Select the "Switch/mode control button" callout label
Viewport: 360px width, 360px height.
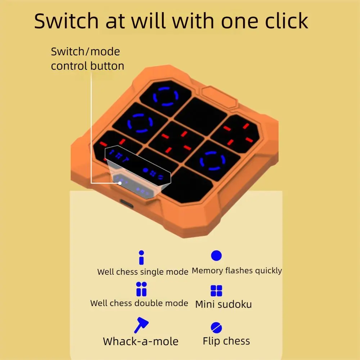pyautogui.click(x=87, y=59)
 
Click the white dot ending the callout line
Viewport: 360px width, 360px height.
pyautogui.click(x=120, y=183)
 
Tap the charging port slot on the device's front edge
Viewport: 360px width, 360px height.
pyautogui.click(x=126, y=203)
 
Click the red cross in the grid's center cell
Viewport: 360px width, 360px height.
pyautogui.click(x=176, y=141)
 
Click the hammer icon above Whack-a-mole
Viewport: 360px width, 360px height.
pyautogui.click(x=141, y=325)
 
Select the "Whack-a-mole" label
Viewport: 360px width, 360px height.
pyautogui.click(x=140, y=341)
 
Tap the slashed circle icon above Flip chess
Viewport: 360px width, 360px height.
pyautogui.click(x=216, y=327)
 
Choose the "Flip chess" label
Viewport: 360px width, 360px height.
pyautogui.click(x=226, y=341)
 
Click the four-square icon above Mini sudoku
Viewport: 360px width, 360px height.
pyautogui.click(x=216, y=291)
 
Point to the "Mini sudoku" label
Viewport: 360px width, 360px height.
pyautogui.click(x=224, y=304)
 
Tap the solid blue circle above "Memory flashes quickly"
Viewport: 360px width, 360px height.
pyautogui.click(x=216, y=256)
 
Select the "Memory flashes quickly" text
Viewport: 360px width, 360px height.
pyautogui.click(x=237, y=271)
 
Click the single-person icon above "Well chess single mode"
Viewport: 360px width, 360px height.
pyautogui.click(x=141, y=258)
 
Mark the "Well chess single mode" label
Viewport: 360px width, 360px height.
pyautogui.click(x=143, y=272)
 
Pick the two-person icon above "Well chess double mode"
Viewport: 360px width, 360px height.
pyautogui.click(x=141, y=289)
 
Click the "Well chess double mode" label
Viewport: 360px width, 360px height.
pyautogui.click(x=139, y=303)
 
